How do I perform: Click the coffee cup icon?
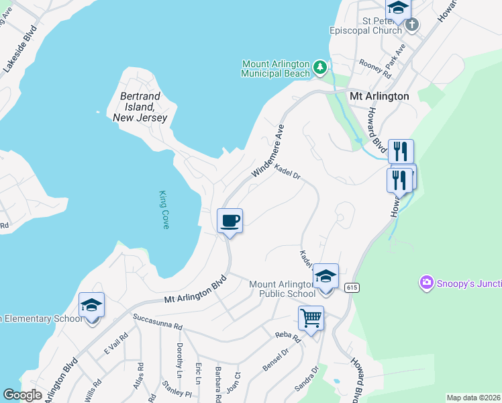pos(230,221)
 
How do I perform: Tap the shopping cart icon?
pos(311,318)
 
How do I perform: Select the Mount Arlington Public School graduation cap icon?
pos(325,276)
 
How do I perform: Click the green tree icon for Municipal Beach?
pos(320,67)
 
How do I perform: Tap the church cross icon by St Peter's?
pos(412,25)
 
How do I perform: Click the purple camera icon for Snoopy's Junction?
pos(425,283)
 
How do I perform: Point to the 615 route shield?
pos(351,287)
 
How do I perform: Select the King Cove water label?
pos(164,210)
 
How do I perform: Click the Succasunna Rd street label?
pos(157,322)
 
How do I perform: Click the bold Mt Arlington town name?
pos(379,96)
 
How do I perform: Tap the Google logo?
pos(23,395)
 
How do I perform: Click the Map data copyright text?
pos(473,398)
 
